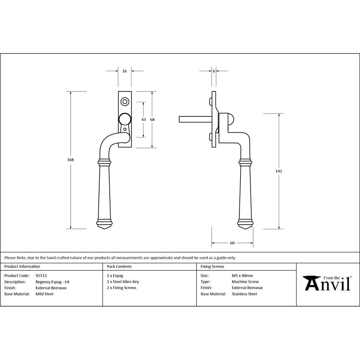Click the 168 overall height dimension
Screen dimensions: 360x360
[70, 160]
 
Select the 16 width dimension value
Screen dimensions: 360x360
[124, 71]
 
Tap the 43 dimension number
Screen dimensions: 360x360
[143, 120]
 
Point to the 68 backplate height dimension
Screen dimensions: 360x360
[152, 120]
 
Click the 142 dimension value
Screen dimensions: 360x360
[279, 171]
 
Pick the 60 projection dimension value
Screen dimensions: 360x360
[232, 243]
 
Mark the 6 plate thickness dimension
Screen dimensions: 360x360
[214, 71]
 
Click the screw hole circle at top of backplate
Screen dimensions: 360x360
[125, 102]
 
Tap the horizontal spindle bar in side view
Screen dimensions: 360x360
[195, 120]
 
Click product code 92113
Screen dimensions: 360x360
[41, 276]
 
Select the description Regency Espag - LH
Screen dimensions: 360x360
[52, 282]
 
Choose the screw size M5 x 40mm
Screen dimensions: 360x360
[242, 276]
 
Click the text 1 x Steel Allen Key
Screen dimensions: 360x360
[123, 282]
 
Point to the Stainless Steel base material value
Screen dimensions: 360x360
[244, 294]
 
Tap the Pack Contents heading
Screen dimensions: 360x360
[119, 266]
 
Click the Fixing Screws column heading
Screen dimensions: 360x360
[212, 266]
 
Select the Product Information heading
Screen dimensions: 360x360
[22, 266]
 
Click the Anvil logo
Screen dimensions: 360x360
[327, 283]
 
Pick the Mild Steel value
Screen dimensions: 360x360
[44, 294]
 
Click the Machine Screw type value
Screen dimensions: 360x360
[245, 282]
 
